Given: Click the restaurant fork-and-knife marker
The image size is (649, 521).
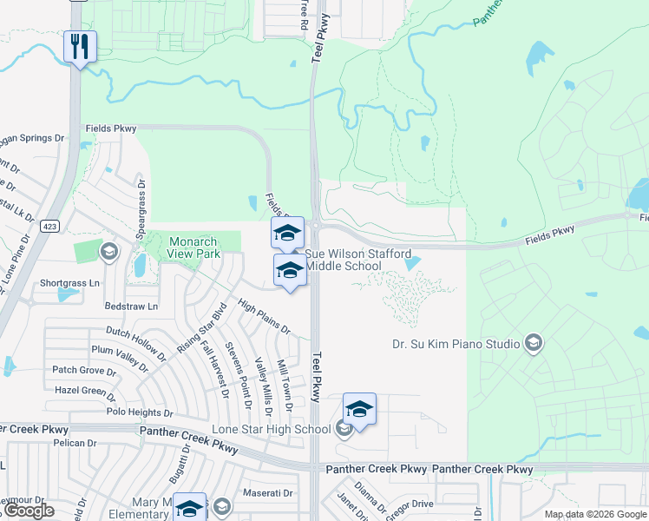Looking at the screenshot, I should coord(80,47).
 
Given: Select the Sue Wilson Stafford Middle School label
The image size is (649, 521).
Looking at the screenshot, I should coord(343,260).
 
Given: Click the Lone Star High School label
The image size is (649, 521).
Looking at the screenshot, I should coord(272,429).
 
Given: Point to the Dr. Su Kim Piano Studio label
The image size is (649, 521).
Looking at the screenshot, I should coord(456,343).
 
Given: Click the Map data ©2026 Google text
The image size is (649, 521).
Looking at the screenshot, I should coord(595,514).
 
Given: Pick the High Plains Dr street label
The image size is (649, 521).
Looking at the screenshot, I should coord(264,318).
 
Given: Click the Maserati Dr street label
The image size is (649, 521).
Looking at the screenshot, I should coord(268,493).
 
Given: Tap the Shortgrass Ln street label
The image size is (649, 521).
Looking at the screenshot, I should coord(70,283).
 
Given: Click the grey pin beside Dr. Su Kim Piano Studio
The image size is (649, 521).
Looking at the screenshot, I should coord(534,343).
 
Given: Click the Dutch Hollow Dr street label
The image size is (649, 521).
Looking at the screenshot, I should coord(136,343).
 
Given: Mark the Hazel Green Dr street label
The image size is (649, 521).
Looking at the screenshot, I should coord(85,391).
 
